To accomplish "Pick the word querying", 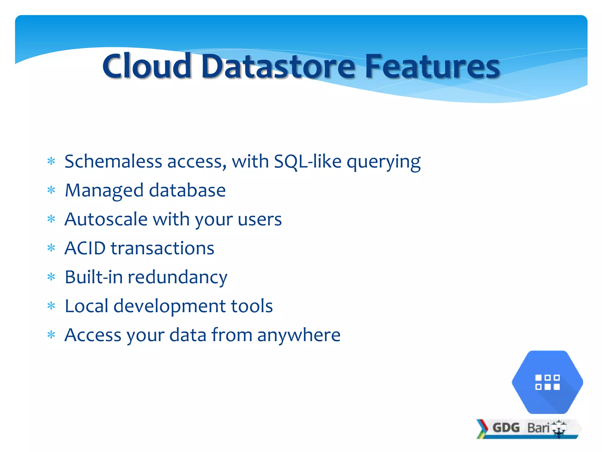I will click(x=384, y=162).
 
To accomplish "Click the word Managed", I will click(x=104, y=191).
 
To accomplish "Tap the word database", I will click(x=187, y=190).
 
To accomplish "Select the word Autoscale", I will click(x=106, y=219).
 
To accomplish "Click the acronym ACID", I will click(x=85, y=248).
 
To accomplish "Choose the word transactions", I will click(x=162, y=248).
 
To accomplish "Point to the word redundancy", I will click(x=177, y=277).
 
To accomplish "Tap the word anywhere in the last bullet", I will click(x=299, y=335).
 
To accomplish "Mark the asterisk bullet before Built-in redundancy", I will click(x=51, y=277).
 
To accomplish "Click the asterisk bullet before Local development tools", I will click(x=51, y=306).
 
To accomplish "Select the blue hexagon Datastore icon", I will click(x=547, y=382).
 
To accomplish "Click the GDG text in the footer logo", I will click(x=506, y=428).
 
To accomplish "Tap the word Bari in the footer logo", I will click(x=538, y=428).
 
